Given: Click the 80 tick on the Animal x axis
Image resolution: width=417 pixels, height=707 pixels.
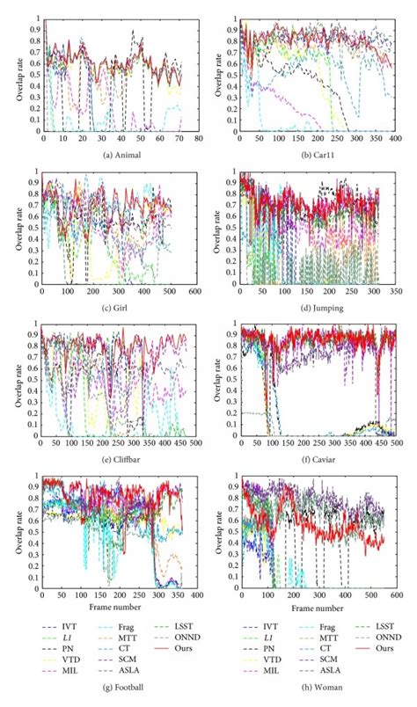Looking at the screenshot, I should point(200,139).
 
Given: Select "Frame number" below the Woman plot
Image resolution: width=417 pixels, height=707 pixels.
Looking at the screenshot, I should point(318,606).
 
